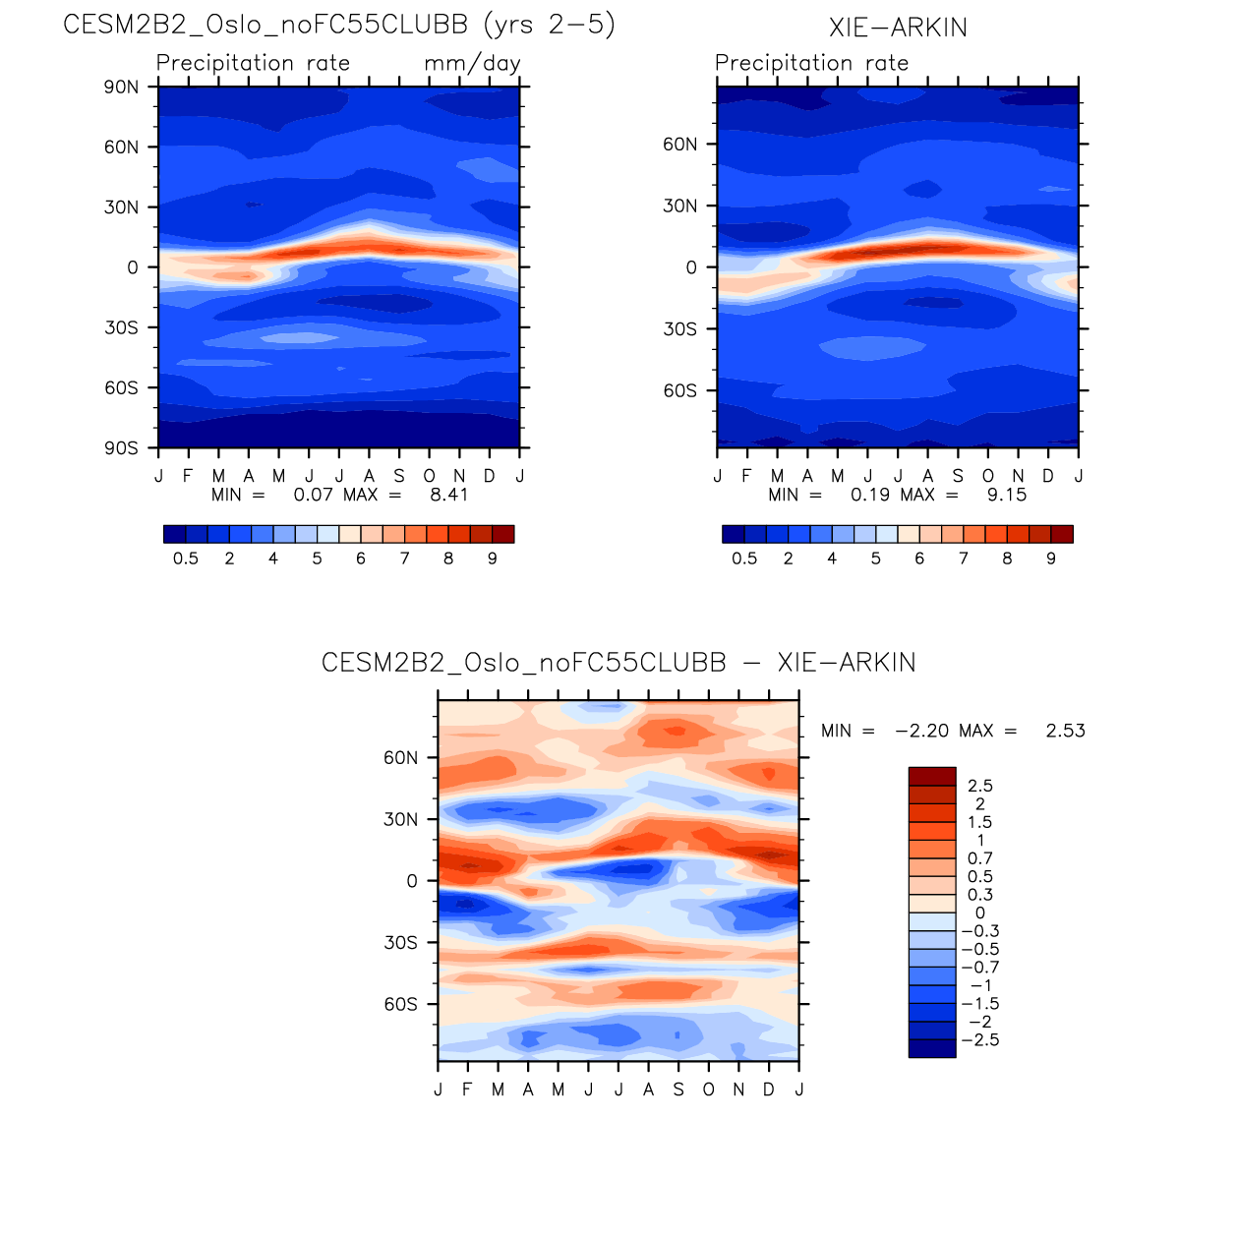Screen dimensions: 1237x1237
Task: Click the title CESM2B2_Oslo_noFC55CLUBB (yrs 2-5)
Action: coord(339,25)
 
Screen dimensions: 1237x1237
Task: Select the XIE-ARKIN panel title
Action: coord(898,28)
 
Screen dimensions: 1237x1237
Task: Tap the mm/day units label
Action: coord(472,64)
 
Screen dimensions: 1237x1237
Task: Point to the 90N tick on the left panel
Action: coord(121,88)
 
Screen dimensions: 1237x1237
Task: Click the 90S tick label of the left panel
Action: coord(121,447)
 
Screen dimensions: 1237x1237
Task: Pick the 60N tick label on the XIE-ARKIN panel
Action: coord(679,145)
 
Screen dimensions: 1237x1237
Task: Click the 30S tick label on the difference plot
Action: coord(400,943)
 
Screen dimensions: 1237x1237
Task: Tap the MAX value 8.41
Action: coord(449,495)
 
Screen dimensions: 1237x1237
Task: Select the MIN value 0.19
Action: coord(870,495)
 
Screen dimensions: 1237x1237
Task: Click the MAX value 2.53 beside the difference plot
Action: coord(1065,731)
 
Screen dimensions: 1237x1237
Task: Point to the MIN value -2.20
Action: coord(921,731)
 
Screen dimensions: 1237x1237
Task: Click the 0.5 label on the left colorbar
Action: coord(186,559)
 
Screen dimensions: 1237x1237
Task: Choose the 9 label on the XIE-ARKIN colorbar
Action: coord(1051,559)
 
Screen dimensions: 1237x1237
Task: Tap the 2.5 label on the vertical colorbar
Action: coord(980,786)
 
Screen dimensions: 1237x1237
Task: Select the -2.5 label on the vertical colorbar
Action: coord(980,1040)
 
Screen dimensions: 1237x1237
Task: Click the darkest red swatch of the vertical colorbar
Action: coord(931,776)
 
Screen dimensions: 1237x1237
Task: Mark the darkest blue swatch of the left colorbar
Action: coord(175,534)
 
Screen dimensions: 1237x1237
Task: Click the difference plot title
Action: coord(618,663)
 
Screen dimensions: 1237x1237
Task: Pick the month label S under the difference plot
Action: coord(678,1090)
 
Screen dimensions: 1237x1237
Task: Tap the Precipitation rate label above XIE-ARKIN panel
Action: coord(811,64)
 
